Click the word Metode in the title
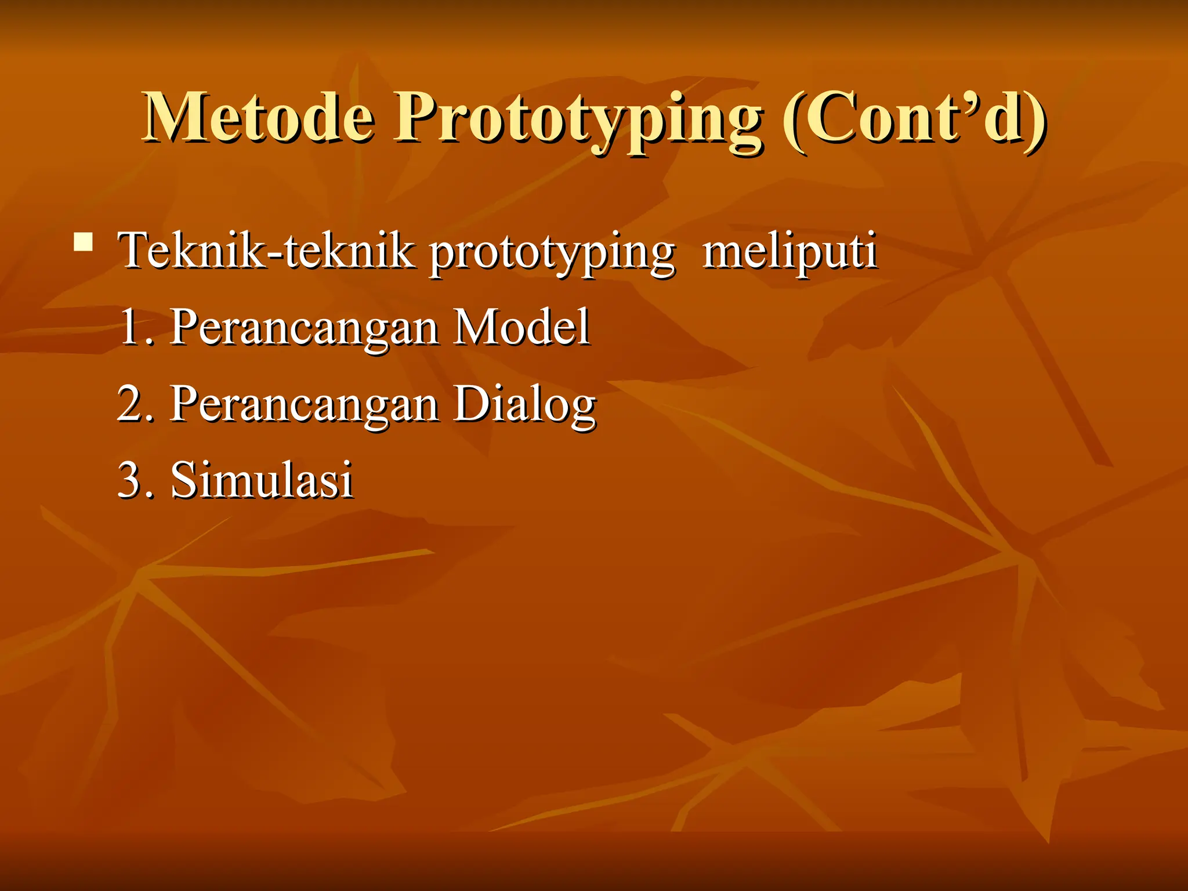[x=259, y=118]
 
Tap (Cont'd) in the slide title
[x=914, y=119]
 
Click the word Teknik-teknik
[x=267, y=251]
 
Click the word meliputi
[x=789, y=252]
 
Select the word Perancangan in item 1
[x=304, y=329]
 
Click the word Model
[x=521, y=327]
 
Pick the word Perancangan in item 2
[x=304, y=406]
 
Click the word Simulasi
[x=262, y=480]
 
